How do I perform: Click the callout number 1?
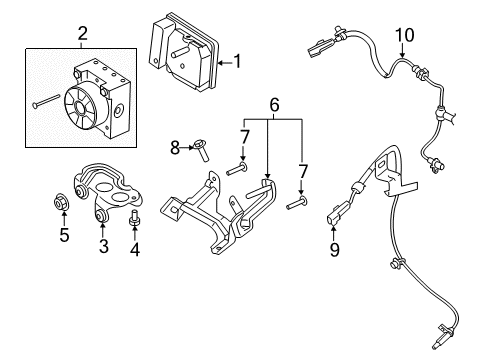(x=237, y=62)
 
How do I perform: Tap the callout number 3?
(x=103, y=246)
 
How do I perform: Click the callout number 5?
(x=65, y=237)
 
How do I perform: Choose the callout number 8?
(x=176, y=147)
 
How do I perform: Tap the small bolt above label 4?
(x=135, y=216)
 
